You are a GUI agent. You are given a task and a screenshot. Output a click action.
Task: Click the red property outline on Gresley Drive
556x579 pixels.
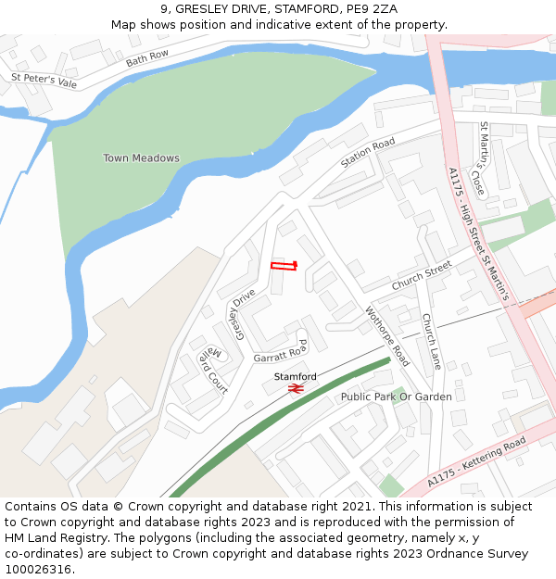click(x=283, y=266)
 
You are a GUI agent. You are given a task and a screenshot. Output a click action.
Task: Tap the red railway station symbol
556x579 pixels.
click(x=296, y=390)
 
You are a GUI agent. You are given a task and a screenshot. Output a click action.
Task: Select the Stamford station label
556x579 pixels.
click(x=295, y=376)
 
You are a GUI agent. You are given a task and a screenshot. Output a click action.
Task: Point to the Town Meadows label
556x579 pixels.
click(x=141, y=158)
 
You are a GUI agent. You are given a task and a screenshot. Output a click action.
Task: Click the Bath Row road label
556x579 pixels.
click(x=147, y=57)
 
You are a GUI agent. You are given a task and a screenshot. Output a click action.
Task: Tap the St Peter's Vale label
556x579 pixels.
click(x=44, y=81)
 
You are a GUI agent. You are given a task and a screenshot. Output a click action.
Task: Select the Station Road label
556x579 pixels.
click(x=367, y=153)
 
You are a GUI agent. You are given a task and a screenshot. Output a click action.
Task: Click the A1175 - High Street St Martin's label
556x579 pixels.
click(x=478, y=233)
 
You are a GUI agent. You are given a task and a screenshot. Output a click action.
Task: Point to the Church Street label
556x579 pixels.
click(x=421, y=275)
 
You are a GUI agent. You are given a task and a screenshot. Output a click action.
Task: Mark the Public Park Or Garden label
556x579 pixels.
click(x=396, y=396)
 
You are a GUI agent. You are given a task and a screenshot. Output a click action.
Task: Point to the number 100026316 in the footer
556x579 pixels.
click(x=38, y=570)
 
